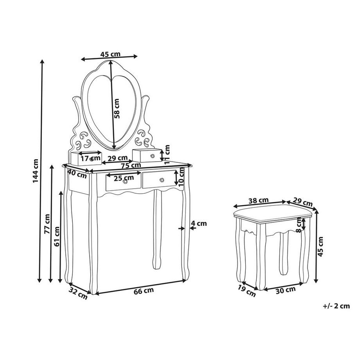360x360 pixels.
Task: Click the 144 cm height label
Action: pyautogui.click(x=35, y=171)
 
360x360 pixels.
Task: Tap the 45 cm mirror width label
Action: pyautogui.click(x=110, y=54)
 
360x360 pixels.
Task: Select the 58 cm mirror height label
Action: pyautogui.click(x=117, y=108)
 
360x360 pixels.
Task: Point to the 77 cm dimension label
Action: pyautogui.click(x=47, y=224)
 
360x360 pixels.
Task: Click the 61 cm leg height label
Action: pyautogui.click(x=57, y=236)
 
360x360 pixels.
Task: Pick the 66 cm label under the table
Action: pyautogui.click(x=144, y=291)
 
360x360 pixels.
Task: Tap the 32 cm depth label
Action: pyautogui.click(x=78, y=293)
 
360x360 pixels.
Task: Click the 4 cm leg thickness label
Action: pyautogui.click(x=199, y=223)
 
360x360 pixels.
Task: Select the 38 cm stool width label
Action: pyautogui.click(x=259, y=200)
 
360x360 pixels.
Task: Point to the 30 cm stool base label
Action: pyautogui.click(x=285, y=290)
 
